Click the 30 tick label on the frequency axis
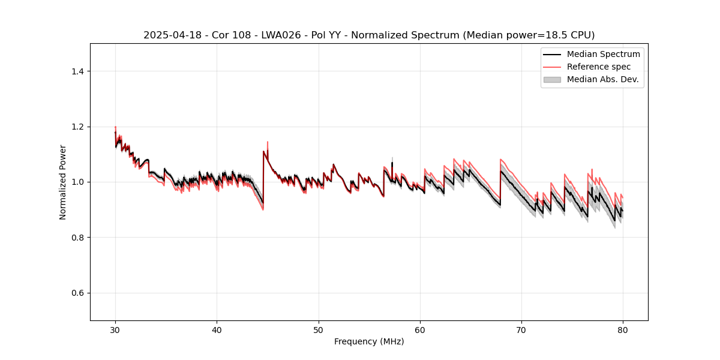tap(115, 329)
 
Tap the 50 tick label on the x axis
tap(318, 329)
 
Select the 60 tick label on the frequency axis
tap(420, 329)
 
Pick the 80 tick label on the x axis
tap(623, 329)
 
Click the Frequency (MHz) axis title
tap(369, 341)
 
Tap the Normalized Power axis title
tap(63, 182)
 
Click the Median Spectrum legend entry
tap(603, 54)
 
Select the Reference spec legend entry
tap(598, 67)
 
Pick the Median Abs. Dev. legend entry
tap(602, 79)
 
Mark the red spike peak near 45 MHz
tap(267, 142)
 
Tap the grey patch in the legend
tap(552, 79)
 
